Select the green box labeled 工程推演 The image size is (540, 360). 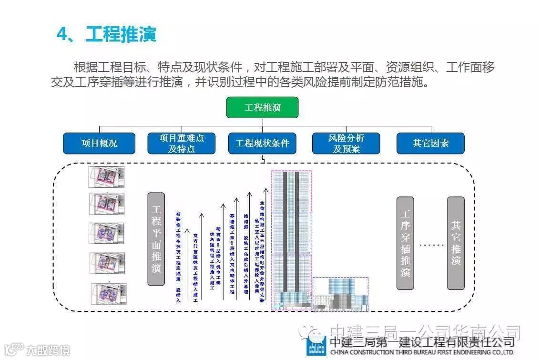click(x=262, y=107)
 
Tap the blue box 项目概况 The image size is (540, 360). click(x=99, y=143)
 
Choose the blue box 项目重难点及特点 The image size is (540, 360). click(x=181, y=143)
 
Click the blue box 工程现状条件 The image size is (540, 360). click(x=262, y=143)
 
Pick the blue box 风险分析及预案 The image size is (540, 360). click(x=346, y=143)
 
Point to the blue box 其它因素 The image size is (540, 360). click(x=430, y=143)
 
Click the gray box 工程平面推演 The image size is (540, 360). click(x=156, y=239)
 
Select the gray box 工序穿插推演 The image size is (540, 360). click(x=405, y=243)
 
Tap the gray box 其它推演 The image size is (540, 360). click(x=456, y=243)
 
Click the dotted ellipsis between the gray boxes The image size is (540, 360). click(x=431, y=245)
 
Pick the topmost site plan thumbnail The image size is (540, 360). click(x=106, y=177)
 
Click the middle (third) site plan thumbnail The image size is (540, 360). click(x=107, y=234)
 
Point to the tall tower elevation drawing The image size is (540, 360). click(x=291, y=238)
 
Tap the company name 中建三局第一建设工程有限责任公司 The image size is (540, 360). click(x=422, y=341)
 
